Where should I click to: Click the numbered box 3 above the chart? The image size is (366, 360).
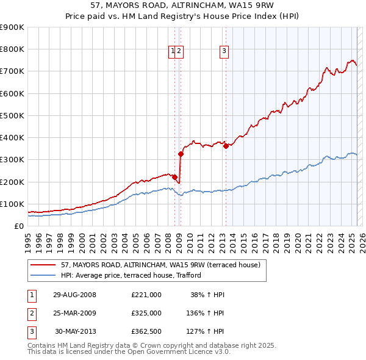tap(224, 52)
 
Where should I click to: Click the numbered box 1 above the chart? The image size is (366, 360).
tap(173, 52)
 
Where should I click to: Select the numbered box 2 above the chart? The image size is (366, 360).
tap(180, 52)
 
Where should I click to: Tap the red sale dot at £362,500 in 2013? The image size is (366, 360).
tap(226, 146)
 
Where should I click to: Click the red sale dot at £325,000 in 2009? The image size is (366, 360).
tap(181, 154)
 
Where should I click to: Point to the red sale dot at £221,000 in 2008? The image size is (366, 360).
tap(174, 177)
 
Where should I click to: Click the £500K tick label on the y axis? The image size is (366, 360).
tap(12, 115)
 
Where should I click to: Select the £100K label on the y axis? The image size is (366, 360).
tap(12, 204)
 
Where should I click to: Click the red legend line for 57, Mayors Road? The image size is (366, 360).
tap(43, 265)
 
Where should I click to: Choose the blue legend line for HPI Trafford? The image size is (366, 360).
tap(43, 275)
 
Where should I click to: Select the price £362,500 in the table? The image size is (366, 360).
tap(146, 332)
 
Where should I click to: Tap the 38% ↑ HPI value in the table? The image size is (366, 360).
tap(208, 294)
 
